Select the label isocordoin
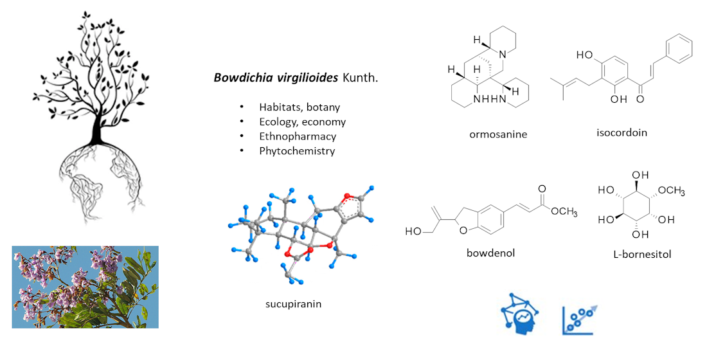(x=622, y=132)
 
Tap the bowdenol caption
(x=490, y=253)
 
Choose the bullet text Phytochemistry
(x=297, y=151)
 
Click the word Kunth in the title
(x=362, y=78)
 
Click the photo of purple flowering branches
(x=85, y=287)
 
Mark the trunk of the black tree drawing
(x=98, y=129)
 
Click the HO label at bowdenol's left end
(x=413, y=231)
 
